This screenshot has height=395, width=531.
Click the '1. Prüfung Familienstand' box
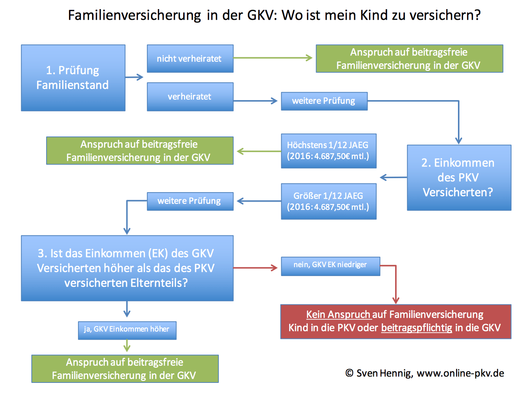(73, 78)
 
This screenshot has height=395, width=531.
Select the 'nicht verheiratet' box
(190, 58)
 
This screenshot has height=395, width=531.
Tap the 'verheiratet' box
(190, 97)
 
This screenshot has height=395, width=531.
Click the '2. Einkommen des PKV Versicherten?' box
(459, 177)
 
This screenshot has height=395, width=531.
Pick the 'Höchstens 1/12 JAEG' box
(329, 151)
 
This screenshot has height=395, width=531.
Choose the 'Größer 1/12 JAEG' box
(329, 201)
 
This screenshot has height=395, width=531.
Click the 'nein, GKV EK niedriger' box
(330, 266)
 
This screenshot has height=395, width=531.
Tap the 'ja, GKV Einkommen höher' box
(127, 330)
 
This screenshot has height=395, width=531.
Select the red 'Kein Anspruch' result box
(396, 321)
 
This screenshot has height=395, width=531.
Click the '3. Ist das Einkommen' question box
(127, 268)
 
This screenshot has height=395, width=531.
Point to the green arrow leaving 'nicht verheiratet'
(273, 58)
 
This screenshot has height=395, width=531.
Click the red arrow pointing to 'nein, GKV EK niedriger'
(255, 268)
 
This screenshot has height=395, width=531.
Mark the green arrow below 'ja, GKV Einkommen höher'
(127, 346)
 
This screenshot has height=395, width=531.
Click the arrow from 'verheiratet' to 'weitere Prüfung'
(255, 101)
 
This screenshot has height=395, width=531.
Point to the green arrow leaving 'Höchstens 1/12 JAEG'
(259, 151)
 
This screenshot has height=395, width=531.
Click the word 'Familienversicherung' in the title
(134, 15)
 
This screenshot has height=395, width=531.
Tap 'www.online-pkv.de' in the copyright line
(460, 373)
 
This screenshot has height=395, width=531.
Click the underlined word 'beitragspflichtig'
(417, 328)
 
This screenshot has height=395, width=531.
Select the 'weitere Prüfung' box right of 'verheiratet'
(324, 101)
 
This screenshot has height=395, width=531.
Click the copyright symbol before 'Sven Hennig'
(349, 373)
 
